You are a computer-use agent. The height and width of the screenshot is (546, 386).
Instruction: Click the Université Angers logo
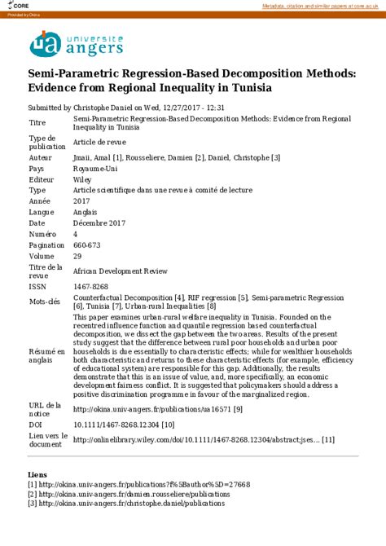coord(77,44)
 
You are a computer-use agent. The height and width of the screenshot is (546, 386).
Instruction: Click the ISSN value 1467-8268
coord(90,286)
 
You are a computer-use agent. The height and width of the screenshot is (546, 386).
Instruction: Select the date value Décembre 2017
coord(99,222)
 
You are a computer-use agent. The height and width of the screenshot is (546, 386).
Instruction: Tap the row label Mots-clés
coord(44,301)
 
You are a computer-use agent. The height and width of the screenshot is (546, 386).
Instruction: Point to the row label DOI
coord(37,424)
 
